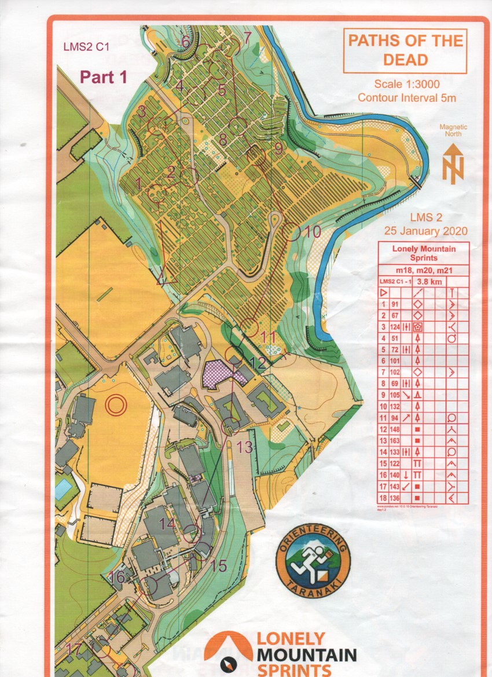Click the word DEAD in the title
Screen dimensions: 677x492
405,60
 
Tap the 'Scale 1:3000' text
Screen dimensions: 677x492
406,83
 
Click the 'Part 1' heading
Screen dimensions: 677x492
103,76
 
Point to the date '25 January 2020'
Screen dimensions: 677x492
425,231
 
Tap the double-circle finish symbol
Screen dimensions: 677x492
116,404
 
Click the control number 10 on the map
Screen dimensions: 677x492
313,232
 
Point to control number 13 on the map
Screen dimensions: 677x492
245,447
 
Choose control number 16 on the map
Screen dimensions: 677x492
116,577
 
